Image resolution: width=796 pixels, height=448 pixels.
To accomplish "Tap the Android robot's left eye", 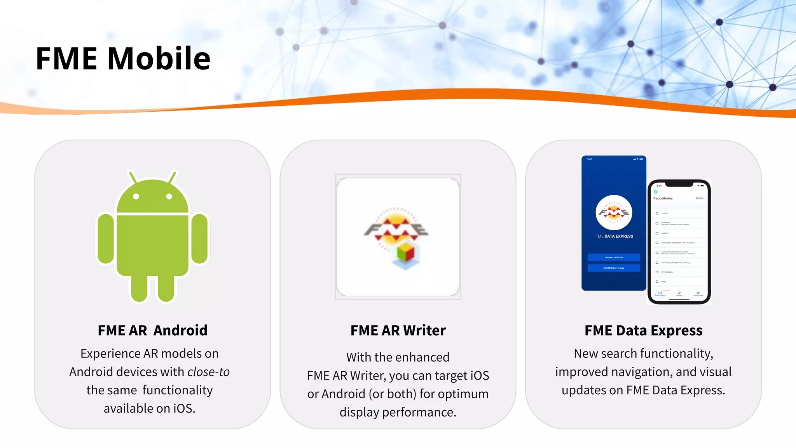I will (x=136, y=196).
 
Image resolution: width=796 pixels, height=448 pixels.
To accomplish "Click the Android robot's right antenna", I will (x=172, y=177).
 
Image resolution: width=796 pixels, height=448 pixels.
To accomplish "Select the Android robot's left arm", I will (x=106, y=238).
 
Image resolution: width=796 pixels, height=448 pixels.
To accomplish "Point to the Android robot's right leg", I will (x=166, y=288).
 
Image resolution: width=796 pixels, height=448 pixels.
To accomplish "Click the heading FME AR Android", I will (x=152, y=330).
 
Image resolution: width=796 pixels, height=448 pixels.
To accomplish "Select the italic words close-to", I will (x=208, y=372).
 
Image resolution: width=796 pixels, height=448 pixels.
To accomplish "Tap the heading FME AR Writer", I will (x=398, y=330).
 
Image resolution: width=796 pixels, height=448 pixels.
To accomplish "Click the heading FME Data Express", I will (x=643, y=330).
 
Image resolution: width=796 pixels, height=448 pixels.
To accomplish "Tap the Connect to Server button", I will (x=614, y=257).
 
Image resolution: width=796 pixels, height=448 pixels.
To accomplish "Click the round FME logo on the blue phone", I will (x=614, y=213).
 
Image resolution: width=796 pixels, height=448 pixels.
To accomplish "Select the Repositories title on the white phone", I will (x=663, y=198).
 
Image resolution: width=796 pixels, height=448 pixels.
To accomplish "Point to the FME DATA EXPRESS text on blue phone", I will (x=614, y=236).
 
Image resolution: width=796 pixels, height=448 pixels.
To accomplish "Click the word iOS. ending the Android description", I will (x=184, y=408).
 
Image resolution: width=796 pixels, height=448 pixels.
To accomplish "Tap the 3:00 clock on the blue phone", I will (x=590, y=159).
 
